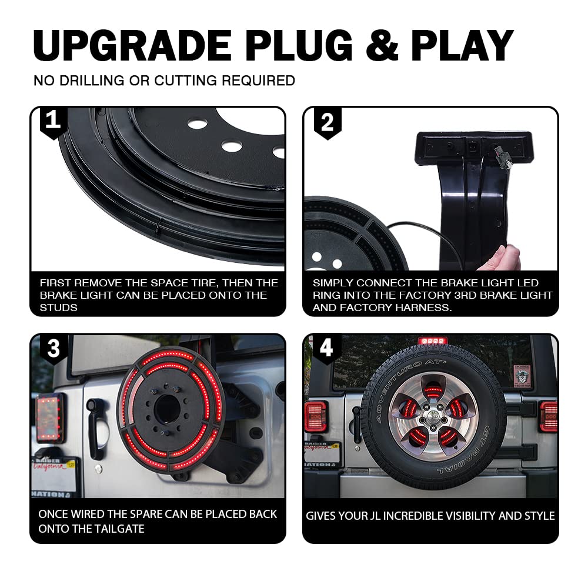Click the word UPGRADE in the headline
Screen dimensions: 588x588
click(x=132, y=45)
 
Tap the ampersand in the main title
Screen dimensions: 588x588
click(x=382, y=45)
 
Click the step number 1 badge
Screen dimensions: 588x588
click(x=54, y=122)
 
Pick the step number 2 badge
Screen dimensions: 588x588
click(x=328, y=123)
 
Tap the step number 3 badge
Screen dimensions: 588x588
click(x=54, y=349)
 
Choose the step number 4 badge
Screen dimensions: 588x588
click(x=326, y=348)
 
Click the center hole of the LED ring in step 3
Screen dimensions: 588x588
click(x=167, y=409)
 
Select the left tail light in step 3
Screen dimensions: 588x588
click(x=49, y=417)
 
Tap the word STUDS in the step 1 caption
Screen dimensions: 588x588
click(x=58, y=308)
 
